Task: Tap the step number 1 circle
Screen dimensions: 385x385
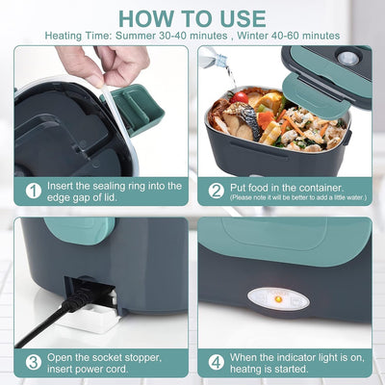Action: tap(32, 190)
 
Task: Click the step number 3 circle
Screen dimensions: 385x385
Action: tap(32, 363)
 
